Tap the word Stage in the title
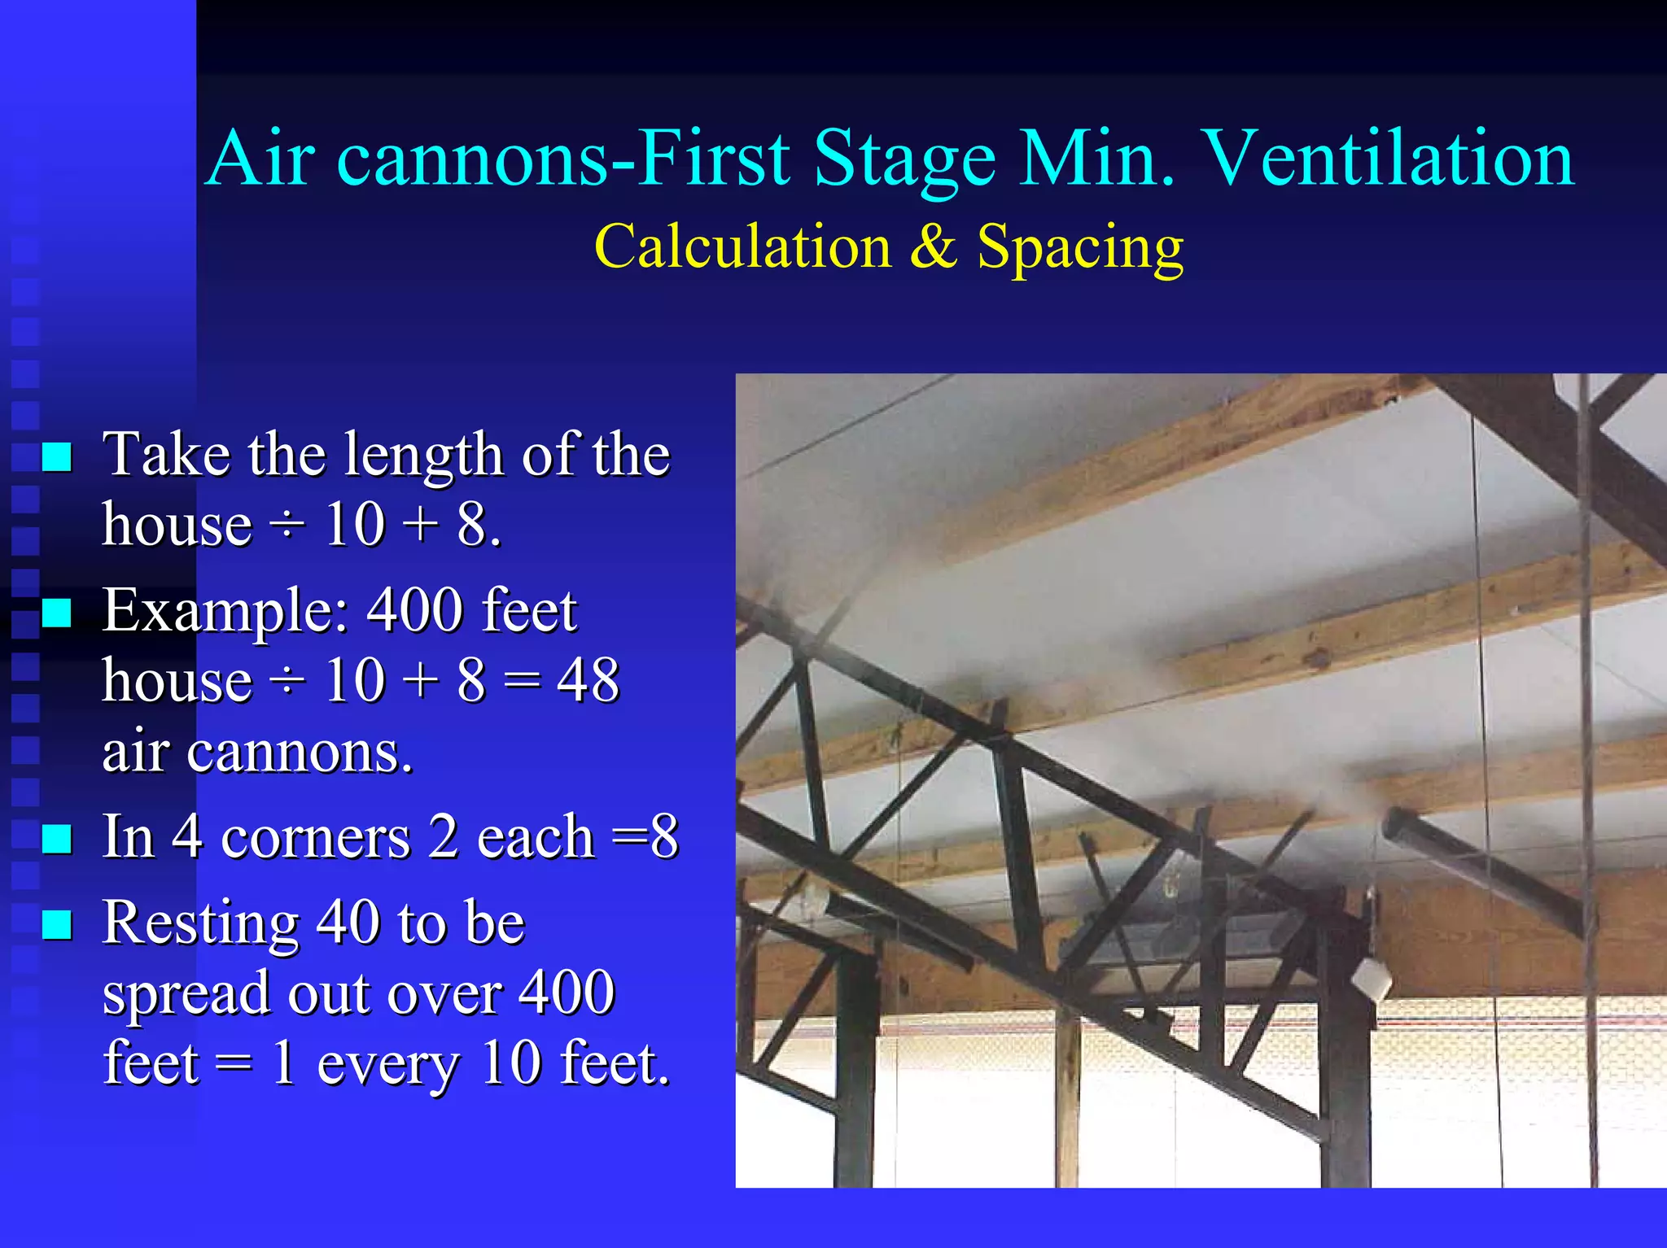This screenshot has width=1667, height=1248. [904, 159]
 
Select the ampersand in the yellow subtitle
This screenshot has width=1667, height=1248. [933, 247]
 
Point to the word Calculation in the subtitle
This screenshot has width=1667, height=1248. [742, 247]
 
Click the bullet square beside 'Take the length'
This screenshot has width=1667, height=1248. [56, 457]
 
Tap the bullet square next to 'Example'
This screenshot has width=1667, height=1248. [56, 613]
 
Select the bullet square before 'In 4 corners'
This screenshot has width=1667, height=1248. [56, 838]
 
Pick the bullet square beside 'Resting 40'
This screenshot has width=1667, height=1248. [56, 924]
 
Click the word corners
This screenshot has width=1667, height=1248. [316, 837]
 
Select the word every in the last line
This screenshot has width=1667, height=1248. [388, 1063]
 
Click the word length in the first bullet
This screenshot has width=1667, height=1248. [423, 456]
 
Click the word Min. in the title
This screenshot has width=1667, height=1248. [1097, 159]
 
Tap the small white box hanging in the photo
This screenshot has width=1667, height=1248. [1372, 980]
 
